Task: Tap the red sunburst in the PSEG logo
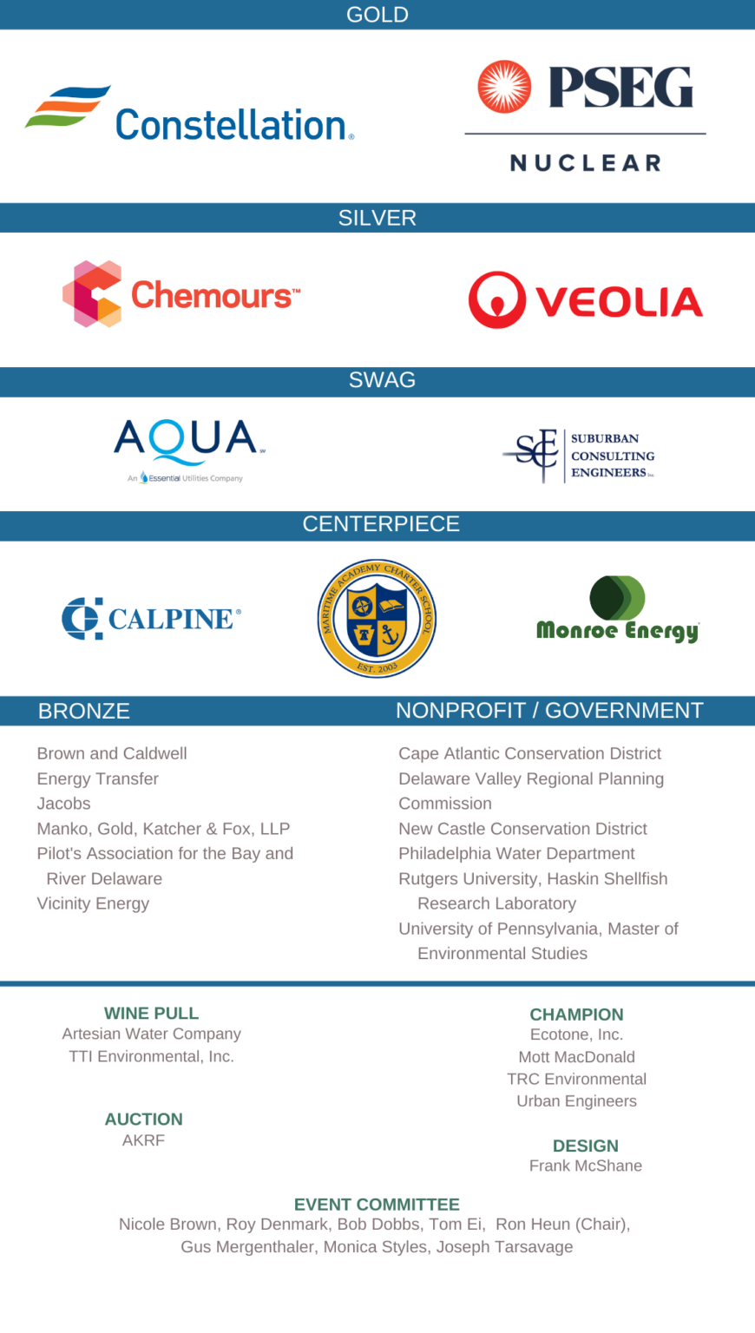pos(504,87)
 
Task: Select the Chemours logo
pos(181,294)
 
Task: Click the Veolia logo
pos(585,300)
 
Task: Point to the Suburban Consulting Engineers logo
pos(578,456)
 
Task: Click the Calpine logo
pos(151,618)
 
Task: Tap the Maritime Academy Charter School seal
pos(377,618)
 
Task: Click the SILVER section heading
pos(377,218)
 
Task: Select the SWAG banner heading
pos(382,380)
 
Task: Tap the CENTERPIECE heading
pos(381,524)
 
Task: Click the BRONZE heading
pos(84,711)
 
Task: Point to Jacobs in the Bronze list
pos(63,804)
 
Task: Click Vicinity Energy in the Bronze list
pos(93,903)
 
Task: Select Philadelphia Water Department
pos(516,853)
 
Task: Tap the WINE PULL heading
pos(151,1013)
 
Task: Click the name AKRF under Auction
pos(143,1140)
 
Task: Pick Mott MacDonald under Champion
pos(576,1057)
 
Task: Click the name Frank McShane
pos(586,1166)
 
